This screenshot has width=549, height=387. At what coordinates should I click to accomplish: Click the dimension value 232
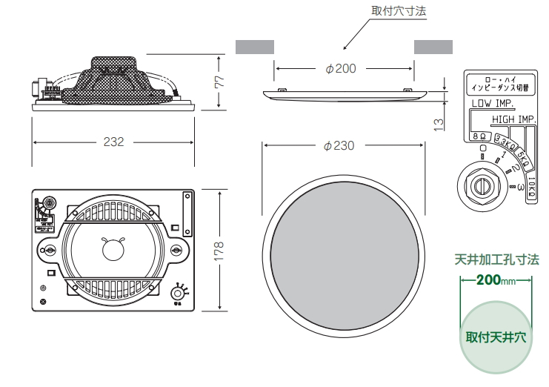tap(113, 142)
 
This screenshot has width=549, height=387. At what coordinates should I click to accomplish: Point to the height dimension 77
tap(219, 82)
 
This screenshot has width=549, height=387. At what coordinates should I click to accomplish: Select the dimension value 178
tap(219, 249)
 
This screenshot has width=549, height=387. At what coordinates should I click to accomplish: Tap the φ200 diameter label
tap(341, 68)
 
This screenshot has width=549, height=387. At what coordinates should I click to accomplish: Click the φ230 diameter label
tap(339, 145)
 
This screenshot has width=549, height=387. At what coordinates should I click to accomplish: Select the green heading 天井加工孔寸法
tap(496, 260)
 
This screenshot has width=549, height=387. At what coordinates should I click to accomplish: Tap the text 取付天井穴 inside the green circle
tap(496, 337)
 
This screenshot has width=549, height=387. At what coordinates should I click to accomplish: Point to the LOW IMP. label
tap(493, 104)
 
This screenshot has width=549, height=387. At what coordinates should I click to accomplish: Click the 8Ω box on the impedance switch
tap(478, 136)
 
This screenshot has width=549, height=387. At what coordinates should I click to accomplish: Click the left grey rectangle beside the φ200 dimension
tap(255, 46)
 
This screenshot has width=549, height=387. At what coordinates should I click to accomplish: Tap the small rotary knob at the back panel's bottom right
tap(178, 291)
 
